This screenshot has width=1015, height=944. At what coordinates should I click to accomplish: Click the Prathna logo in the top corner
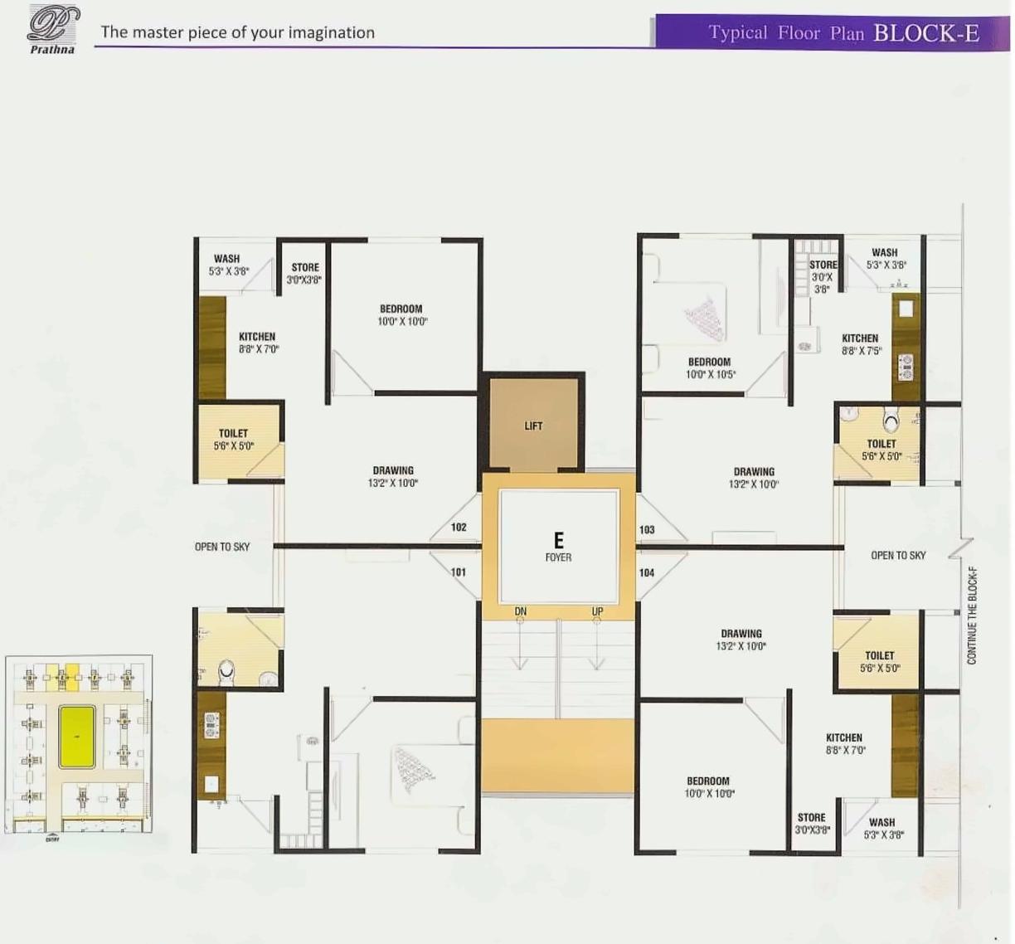[53, 29]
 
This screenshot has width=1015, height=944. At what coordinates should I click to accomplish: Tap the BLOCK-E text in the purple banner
[925, 33]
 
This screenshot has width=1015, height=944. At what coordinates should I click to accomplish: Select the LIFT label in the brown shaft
[533, 426]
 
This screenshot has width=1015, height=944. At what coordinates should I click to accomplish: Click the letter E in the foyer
[558, 540]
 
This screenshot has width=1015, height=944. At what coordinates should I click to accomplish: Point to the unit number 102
[459, 528]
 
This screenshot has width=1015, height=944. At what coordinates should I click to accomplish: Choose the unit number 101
[459, 572]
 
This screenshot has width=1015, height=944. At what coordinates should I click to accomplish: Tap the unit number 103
[647, 529]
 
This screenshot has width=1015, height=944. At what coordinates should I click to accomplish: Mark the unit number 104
[647, 572]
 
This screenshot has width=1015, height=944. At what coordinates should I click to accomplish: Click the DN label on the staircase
[521, 612]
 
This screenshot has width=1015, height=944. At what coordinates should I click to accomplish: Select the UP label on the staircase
[597, 612]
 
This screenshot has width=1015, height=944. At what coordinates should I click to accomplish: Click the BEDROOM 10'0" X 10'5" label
[710, 368]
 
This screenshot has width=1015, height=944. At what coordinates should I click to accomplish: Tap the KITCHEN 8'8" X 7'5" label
[861, 344]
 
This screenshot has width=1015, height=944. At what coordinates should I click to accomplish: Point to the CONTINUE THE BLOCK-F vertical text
[972, 616]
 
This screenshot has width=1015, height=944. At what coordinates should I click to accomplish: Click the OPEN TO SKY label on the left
[222, 547]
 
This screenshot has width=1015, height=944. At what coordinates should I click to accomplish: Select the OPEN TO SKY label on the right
[898, 556]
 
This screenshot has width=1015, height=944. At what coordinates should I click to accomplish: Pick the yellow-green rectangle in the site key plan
[77, 737]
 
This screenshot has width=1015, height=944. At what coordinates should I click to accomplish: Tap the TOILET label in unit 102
[233, 439]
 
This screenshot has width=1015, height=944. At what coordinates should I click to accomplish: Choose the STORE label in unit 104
[812, 823]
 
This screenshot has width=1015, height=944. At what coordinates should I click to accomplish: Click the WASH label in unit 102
[227, 264]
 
